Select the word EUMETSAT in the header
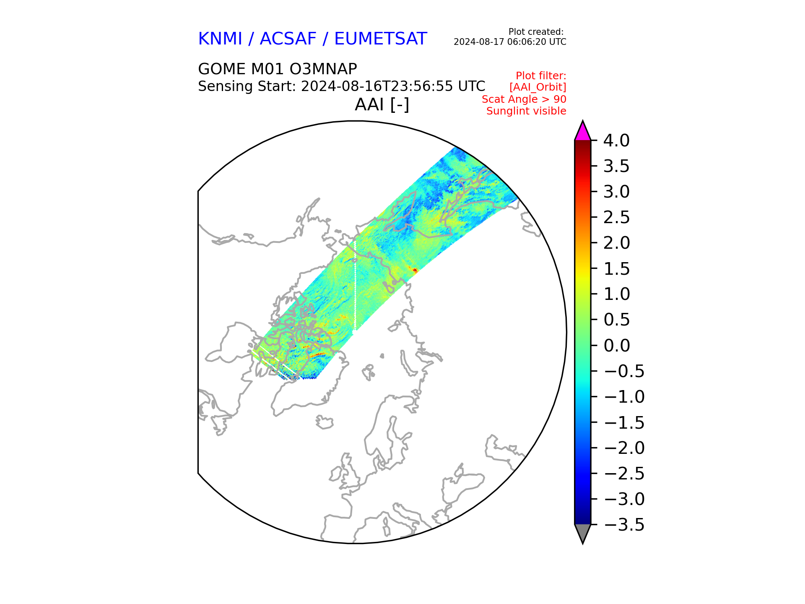click(381, 39)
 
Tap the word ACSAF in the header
click(288, 39)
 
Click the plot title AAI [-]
click(382, 104)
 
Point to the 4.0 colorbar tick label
click(616, 141)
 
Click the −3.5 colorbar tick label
click(624, 525)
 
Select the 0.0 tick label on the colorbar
click(616, 346)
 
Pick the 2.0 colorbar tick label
click(616, 243)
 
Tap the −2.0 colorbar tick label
click(624, 448)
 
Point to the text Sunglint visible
click(526, 111)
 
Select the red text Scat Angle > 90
click(524, 99)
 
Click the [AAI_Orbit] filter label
click(538, 87)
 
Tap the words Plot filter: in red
click(541, 76)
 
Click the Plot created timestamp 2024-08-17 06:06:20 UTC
click(510, 42)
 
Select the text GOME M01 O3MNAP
click(278, 69)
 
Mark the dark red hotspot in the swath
click(415, 271)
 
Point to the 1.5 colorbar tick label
click(616, 268)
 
